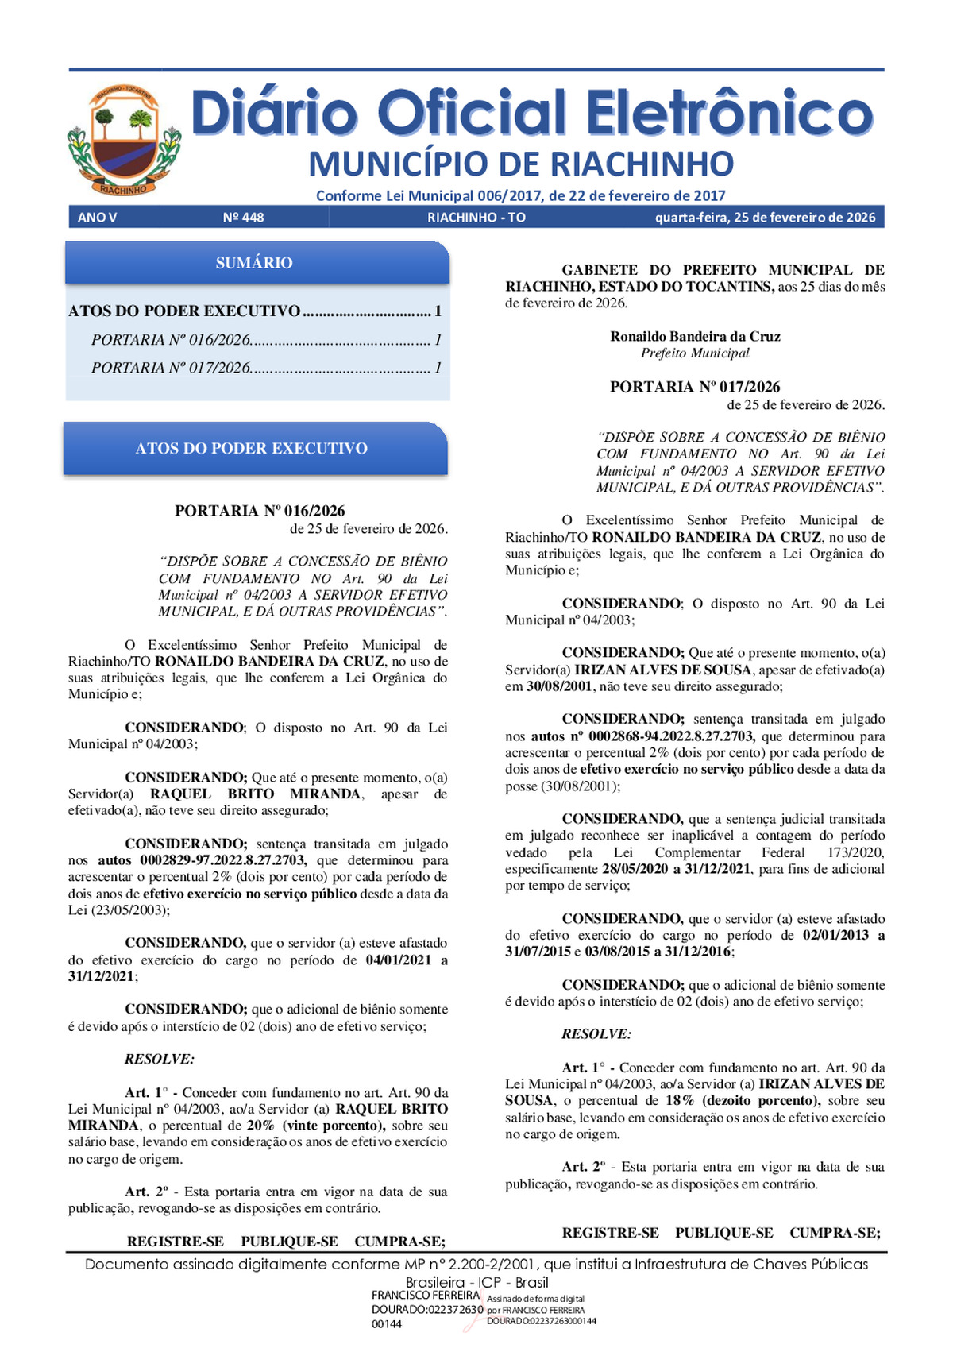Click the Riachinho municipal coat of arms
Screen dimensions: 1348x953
124,141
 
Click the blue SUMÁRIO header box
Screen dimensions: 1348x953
256,263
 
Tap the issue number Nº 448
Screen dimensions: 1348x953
243,218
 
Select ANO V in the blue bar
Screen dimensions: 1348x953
97,218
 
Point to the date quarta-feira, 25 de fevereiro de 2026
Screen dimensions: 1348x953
765,218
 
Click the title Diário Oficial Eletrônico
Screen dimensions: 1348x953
532,113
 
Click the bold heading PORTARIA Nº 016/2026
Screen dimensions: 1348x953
260,511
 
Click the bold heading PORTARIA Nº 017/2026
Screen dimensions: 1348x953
695,387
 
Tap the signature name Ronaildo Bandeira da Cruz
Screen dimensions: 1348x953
695,336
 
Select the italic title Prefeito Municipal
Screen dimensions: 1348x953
695,353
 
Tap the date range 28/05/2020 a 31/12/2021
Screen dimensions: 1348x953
676,869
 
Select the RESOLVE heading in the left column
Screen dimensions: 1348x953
160,1059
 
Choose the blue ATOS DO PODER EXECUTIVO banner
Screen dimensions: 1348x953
256,449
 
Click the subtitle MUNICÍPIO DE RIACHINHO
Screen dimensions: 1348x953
521,164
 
